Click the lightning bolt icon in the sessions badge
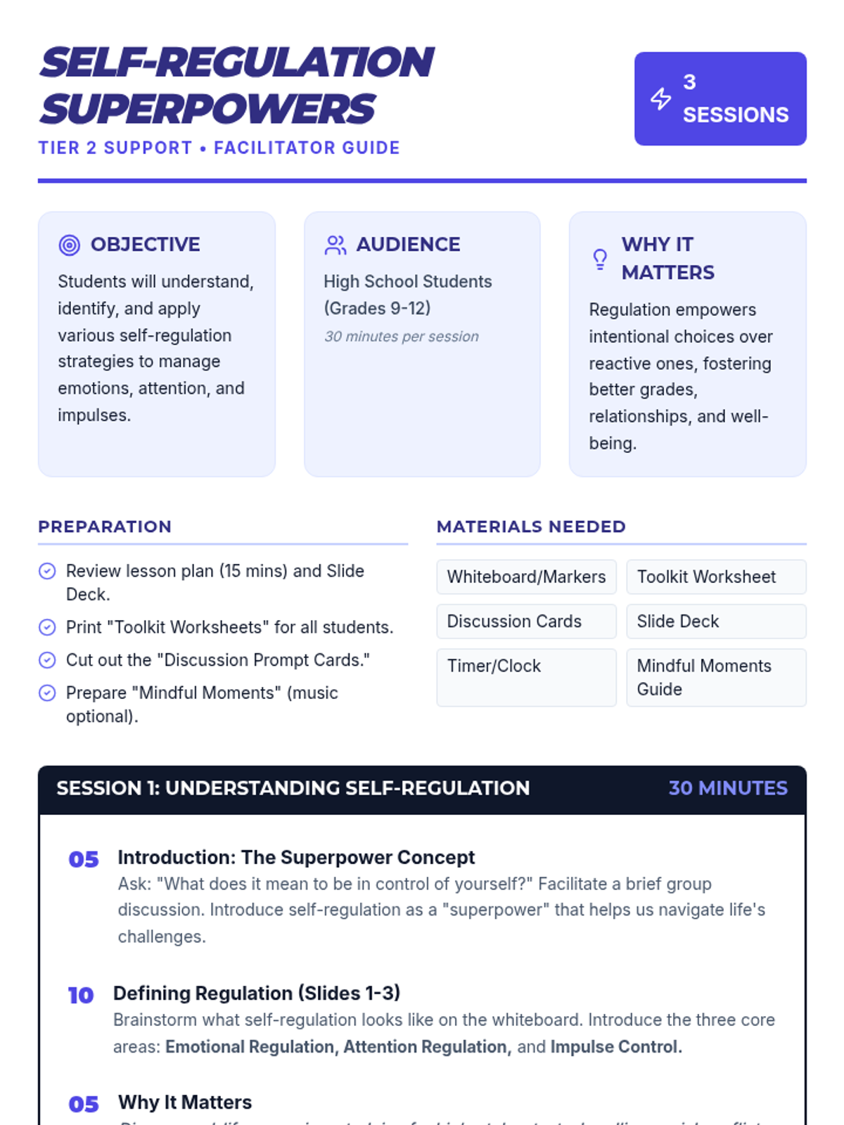pos(660,98)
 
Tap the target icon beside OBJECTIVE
pos(69,245)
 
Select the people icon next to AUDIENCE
pos(335,245)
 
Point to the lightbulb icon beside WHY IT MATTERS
pos(600,259)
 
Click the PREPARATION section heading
pos(105,527)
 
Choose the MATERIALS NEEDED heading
pos(531,527)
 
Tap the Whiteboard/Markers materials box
pos(526,577)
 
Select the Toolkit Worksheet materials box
pos(716,577)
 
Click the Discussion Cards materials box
pos(526,622)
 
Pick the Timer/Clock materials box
pos(526,677)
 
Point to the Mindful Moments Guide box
pos(716,677)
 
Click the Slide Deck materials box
pos(716,622)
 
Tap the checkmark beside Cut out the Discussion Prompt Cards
pos(47,660)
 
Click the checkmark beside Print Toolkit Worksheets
pos(47,627)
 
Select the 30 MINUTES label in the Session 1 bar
pos(728,788)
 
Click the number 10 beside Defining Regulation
pos(81,996)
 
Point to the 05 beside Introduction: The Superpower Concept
pos(84,859)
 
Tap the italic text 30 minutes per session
pos(402,337)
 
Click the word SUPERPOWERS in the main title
pos(207,109)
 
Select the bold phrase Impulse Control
pos(616,1047)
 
